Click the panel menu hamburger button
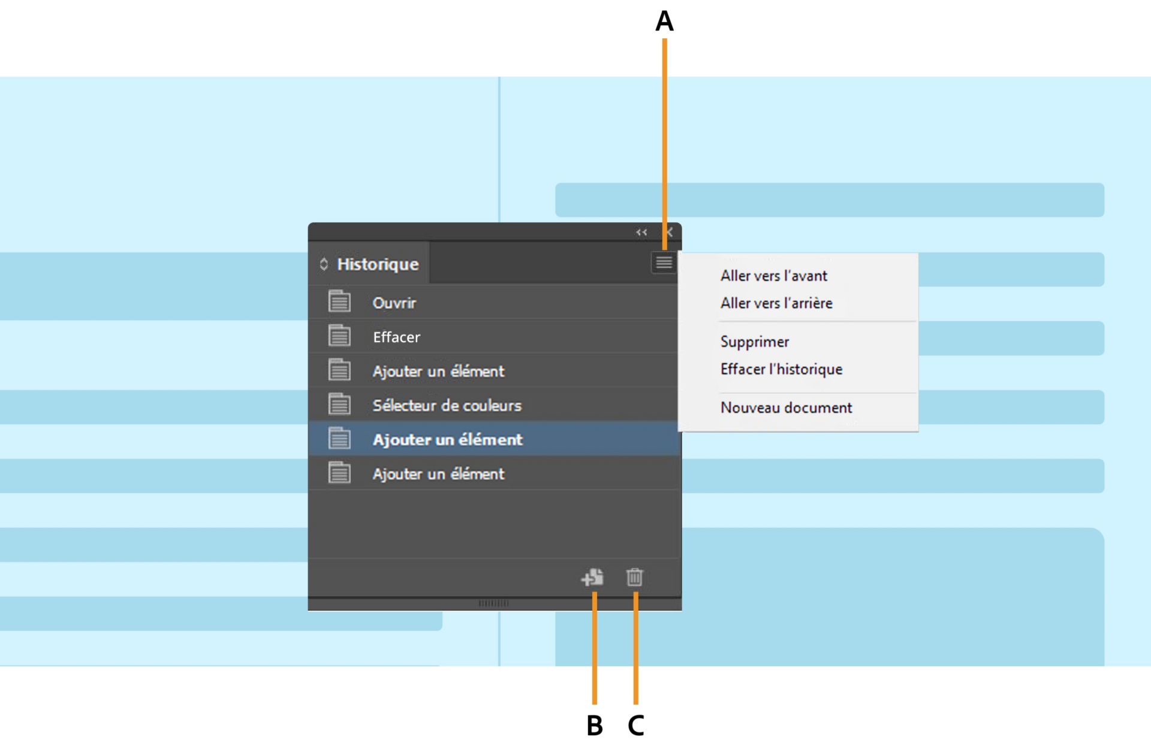pyautogui.click(x=664, y=262)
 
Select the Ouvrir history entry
pyautogui.click(x=394, y=303)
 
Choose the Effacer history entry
pyautogui.click(x=396, y=337)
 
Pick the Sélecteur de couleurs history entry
pyautogui.click(x=447, y=405)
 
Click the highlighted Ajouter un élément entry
pyautogui.click(x=447, y=439)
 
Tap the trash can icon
pyautogui.click(x=634, y=577)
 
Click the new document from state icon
pyautogui.click(x=592, y=577)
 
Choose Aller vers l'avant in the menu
pyautogui.click(x=773, y=276)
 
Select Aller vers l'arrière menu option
pyautogui.click(x=776, y=303)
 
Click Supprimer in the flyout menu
pyautogui.click(x=755, y=342)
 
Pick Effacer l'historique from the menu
pyautogui.click(x=781, y=369)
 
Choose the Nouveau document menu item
pyautogui.click(x=786, y=407)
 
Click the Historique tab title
pyautogui.click(x=377, y=264)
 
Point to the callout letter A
pyautogui.click(x=664, y=22)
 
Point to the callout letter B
pyautogui.click(x=594, y=726)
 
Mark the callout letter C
pyautogui.click(x=635, y=726)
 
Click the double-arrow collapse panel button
pyautogui.click(x=641, y=232)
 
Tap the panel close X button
pyautogui.click(x=669, y=232)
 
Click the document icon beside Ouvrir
pyautogui.click(x=339, y=301)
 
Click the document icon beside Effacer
pyautogui.click(x=339, y=336)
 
